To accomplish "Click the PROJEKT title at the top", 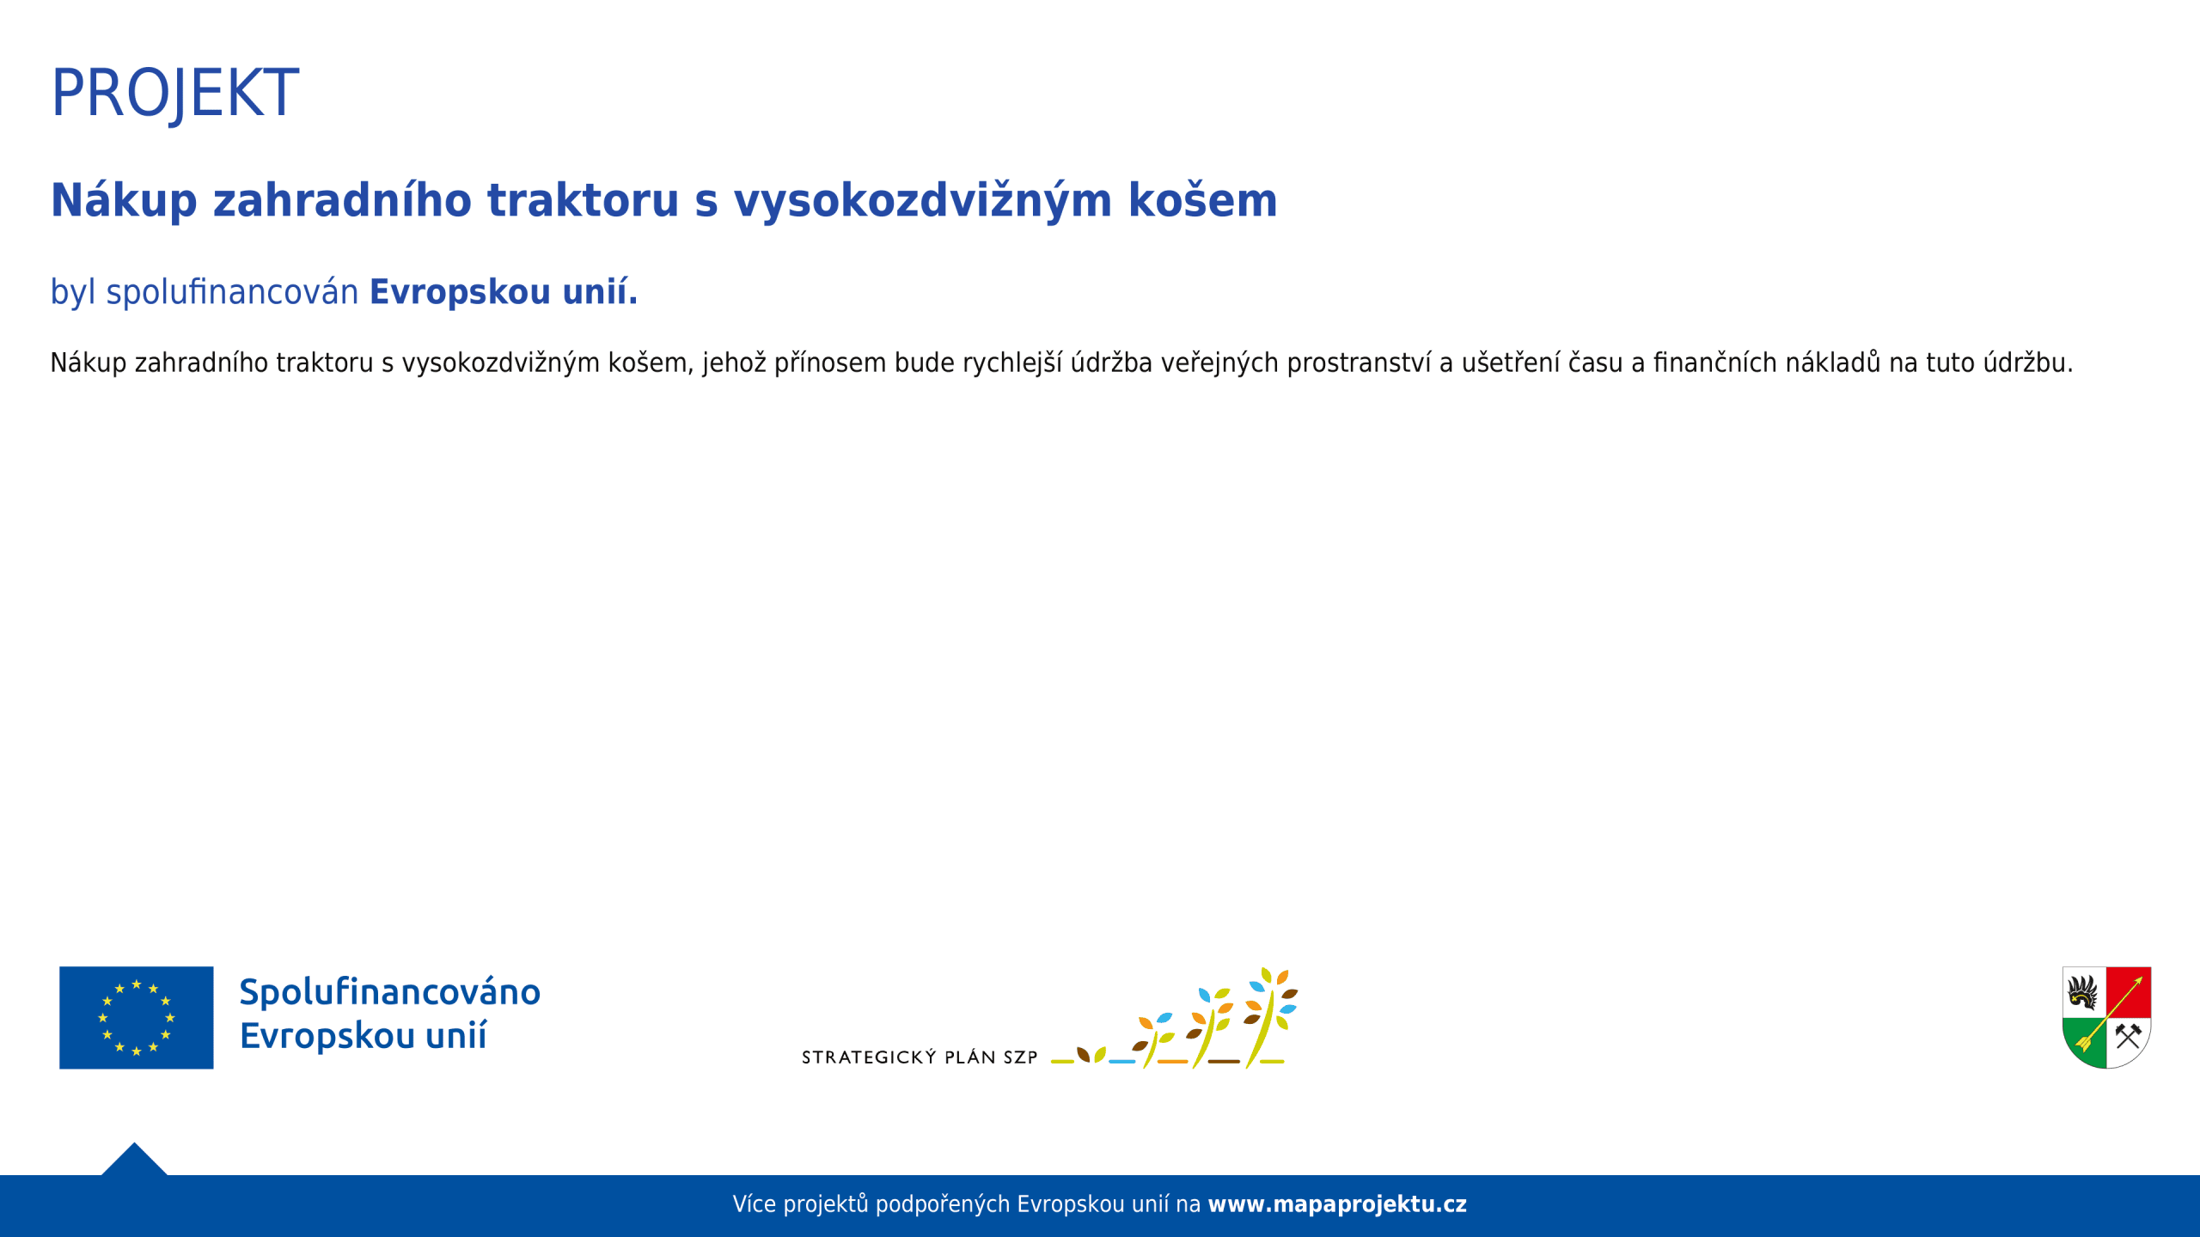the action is pyautogui.click(x=175, y=93).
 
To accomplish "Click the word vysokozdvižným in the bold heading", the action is pyautogui.click(x=923, y=201).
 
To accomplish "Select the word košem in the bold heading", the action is pyautogui.click(x=1202, y=200).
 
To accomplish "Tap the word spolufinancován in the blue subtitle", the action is pyautogui.click(x=232, y=292).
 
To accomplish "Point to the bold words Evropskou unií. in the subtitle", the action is pyautogui.click(x=504, y=292).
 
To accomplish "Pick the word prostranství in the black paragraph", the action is pyautogui.click(x=1359, y=363).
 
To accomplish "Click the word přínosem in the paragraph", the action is pyautogui.click(x=830, y=363).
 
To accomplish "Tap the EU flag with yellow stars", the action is pyautogui.click(x=137, y=1018).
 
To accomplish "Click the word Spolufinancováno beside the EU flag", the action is pyautogui.click(x=389, y=992).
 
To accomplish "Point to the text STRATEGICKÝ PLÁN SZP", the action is pyautogui.click(x=920, y=1057).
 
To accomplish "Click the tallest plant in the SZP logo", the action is pyautogui.click(x=1270, y=1017).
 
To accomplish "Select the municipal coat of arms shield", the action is pyautogui.click(x=2106, y=1017).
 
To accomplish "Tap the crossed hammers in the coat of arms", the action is pyautogui.click(x=2128, y=1035).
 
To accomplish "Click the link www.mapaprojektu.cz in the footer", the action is pyautogui.click(x=1337, y=1204).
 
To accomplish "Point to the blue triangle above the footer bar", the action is pyautogui.click(x=134, y=1159).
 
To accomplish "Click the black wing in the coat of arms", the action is pyautogui.click(x=2083, y=992).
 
